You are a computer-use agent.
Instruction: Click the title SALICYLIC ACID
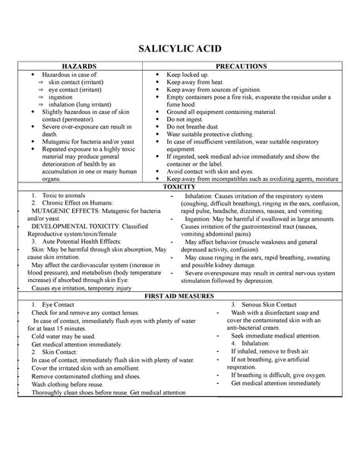coord(180,49)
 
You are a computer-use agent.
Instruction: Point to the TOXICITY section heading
coord(180,186)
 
